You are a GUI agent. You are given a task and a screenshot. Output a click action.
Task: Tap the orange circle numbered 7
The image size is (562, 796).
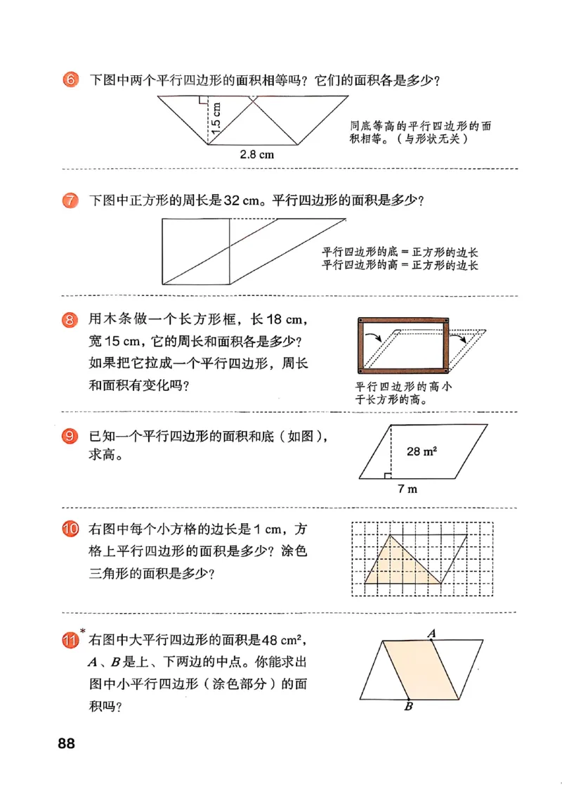(x=70, y=200)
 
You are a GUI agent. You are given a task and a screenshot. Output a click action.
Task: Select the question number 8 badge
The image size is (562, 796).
(x=70, y=321)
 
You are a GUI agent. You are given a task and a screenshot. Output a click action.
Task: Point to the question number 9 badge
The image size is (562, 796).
(x=70, y=437)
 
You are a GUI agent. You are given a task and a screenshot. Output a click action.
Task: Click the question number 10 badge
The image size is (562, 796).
(x=70, y=529)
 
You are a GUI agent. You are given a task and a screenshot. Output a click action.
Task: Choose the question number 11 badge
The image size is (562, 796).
(x=70, y=641)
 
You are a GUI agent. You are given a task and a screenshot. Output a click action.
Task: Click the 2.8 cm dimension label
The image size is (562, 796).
(x=257, y=155)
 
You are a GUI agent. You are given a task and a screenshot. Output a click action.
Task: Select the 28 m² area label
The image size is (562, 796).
(x=421, y=451)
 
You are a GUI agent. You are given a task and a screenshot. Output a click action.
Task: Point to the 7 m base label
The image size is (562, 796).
(x=407, y=489)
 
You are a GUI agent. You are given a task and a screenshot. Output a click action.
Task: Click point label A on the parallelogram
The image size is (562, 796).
(x=432, y=634)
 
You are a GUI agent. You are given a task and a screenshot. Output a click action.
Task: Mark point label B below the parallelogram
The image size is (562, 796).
(x=408, y=707)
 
